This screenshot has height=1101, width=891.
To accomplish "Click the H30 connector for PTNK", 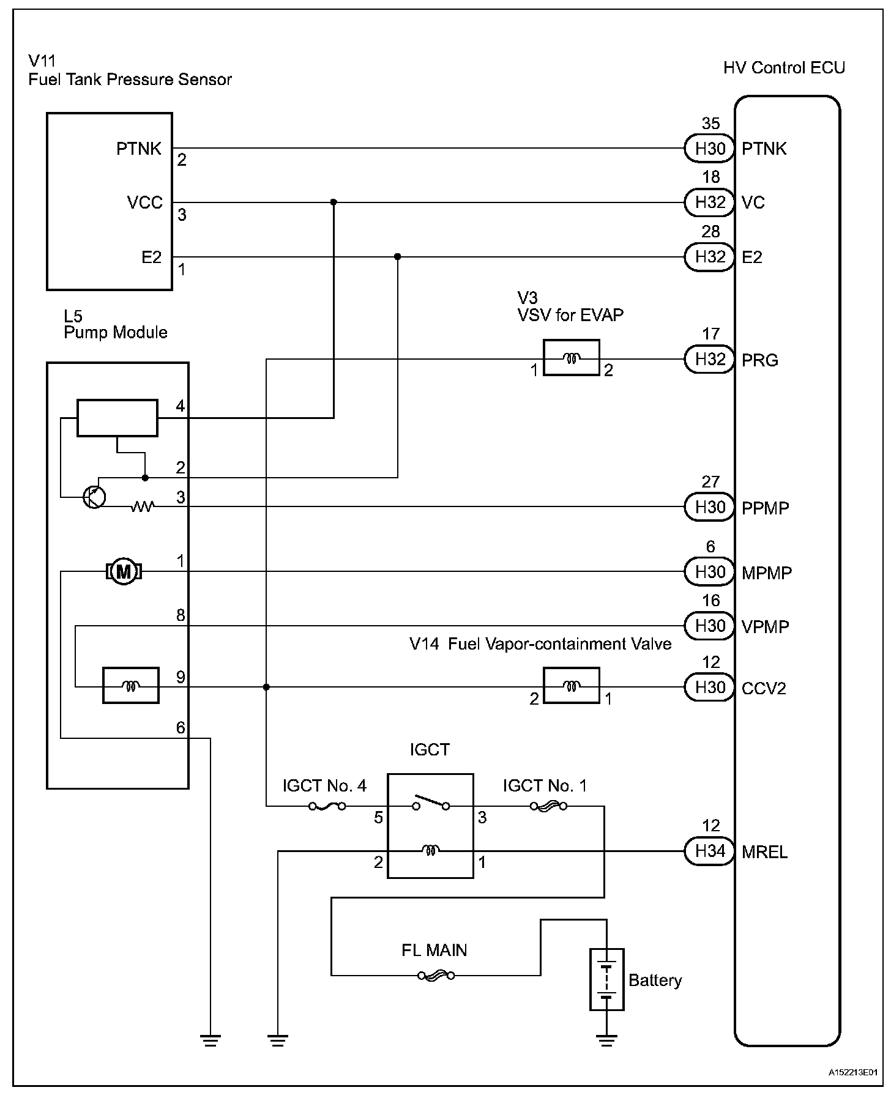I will point(710,148).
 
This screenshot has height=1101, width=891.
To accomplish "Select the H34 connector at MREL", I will point(710,851).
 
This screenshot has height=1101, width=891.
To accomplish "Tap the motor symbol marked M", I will point(124,572).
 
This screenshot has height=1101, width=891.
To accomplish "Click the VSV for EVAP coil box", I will point(571,358).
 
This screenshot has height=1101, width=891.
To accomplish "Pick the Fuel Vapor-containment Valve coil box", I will point(571,686).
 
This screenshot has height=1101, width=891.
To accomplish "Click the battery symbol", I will point(606,987).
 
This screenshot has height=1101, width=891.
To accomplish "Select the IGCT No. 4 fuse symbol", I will point(327,806).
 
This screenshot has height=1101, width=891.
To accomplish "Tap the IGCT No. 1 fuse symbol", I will point(547,806).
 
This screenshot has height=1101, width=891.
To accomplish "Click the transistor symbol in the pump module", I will point(94,497).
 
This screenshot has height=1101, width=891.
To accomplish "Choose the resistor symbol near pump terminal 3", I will point(142,506).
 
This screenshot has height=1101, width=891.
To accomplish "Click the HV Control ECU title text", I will point(783,67).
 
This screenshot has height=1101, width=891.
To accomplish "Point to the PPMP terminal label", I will point(765,508).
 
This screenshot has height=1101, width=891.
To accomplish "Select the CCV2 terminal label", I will point(764,689).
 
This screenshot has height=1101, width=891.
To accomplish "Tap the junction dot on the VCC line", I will point(334,202).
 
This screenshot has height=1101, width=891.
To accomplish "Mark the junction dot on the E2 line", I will point(398,256).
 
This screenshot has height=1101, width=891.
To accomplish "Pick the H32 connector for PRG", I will point(710,359).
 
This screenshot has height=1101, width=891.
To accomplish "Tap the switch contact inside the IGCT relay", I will point(431,803).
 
